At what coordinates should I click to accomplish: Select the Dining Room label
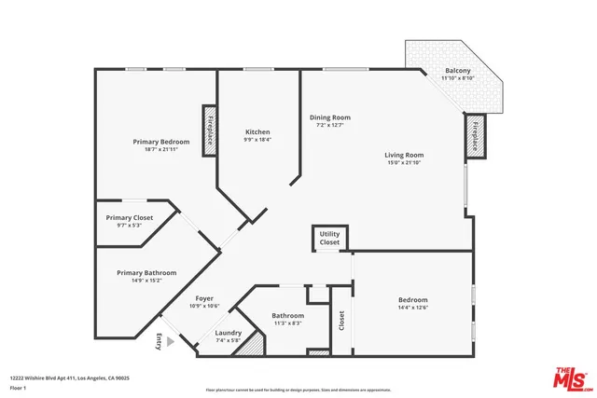tap(330, 120)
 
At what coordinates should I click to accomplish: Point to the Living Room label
tap(404, 158)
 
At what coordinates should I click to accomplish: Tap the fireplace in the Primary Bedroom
tap(210, 122)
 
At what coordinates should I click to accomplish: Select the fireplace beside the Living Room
tap(476, 135)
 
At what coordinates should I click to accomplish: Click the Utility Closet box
tap(329, 239)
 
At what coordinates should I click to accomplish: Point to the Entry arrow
tap(160, 342)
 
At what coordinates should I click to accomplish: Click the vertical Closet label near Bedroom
tap(341, 321)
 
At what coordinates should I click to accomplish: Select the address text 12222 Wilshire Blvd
tap(70, 377)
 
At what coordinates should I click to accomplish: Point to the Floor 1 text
tap(18, 387)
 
